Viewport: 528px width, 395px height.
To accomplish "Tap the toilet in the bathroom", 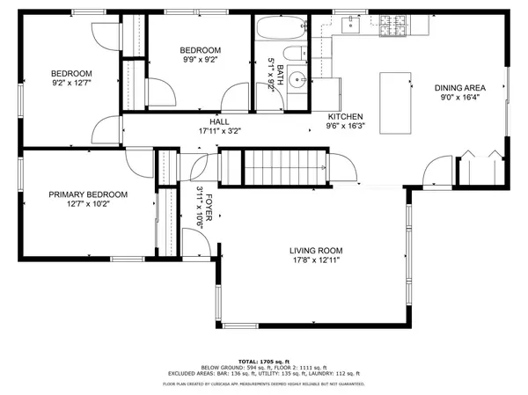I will pyautogui.click(x=297, y=53).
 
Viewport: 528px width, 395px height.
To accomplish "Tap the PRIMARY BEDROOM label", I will pyautogui.click(x=88, y=194).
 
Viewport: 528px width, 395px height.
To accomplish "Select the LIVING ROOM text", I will pyautogui.click(x=316, y=250).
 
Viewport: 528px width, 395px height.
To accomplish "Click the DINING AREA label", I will pyautogui.click(x=460, y=88).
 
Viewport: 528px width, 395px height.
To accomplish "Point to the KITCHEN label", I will pyautogui.click(x=344, y=117).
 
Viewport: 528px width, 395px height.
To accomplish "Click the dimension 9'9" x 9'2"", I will pyautogui.click(x=201, y=61).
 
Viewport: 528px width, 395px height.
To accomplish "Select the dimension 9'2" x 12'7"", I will pyautogui.click(x=71, y=83).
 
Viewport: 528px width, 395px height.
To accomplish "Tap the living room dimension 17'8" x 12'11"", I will pyautogui.click(x=316, y=260).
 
